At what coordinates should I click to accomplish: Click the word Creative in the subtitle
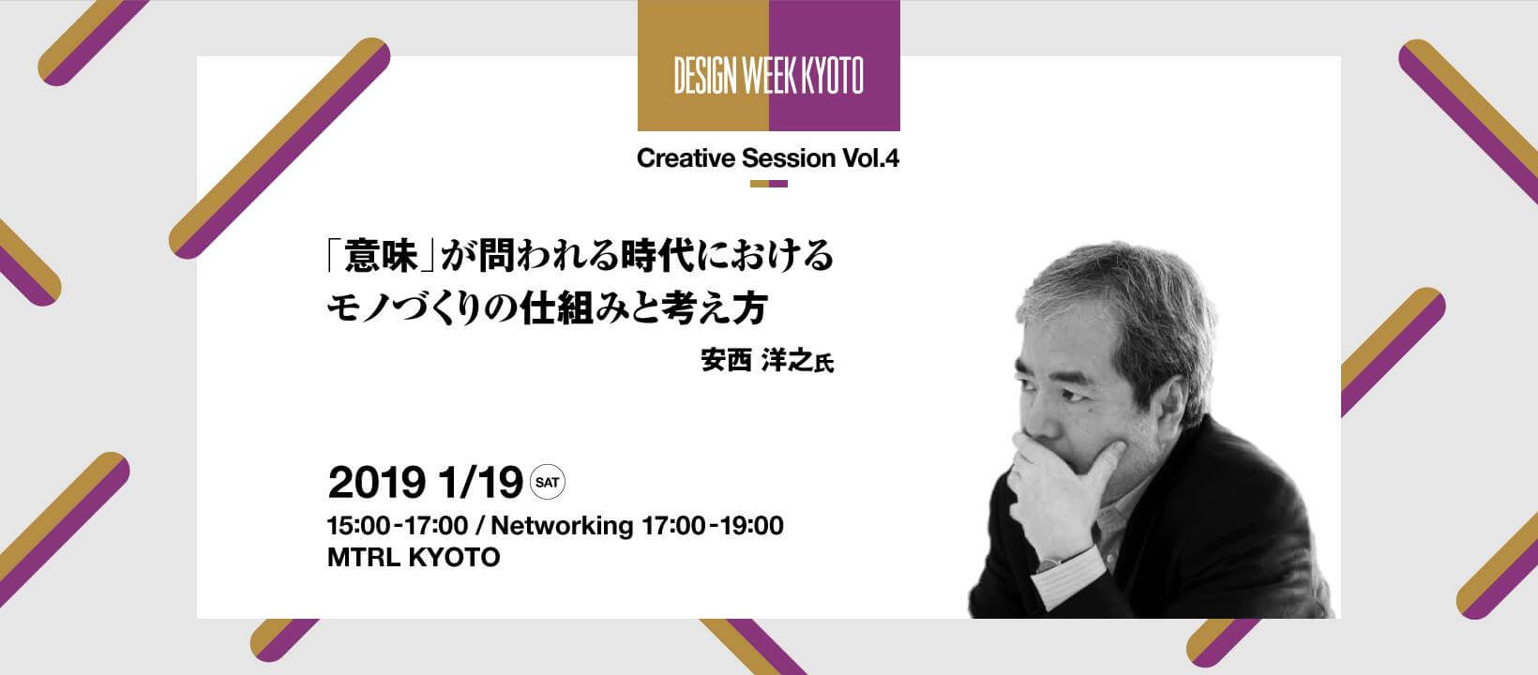[x=686, y=158]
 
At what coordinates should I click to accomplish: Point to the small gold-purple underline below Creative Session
[x=768, y=184]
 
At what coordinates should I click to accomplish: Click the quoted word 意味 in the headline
[x=381, y=255]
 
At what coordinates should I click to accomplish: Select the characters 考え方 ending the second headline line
[x=714, y=308]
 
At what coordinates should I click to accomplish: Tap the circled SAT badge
[x=548, y=482]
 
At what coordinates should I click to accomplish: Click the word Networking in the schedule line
[x=562, y=526]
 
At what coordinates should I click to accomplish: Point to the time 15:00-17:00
[x=398, y=526]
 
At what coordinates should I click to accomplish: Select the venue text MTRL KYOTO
[x=414, y=558]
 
